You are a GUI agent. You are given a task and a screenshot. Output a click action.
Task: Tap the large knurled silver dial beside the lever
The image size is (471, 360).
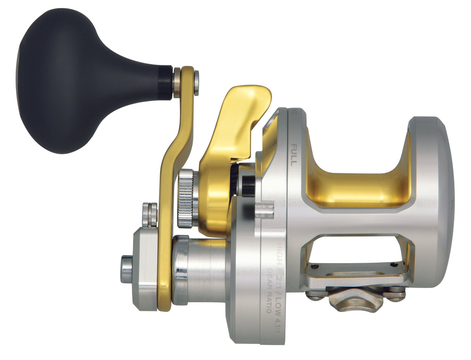pyautogui.click(x=187, y=198)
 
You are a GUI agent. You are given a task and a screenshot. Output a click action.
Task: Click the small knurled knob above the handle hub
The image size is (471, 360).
pyautogui.click(x=150, y=214)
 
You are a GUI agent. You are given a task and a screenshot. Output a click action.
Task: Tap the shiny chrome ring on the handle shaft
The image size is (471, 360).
pyautogui.click(x=181, y=268)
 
